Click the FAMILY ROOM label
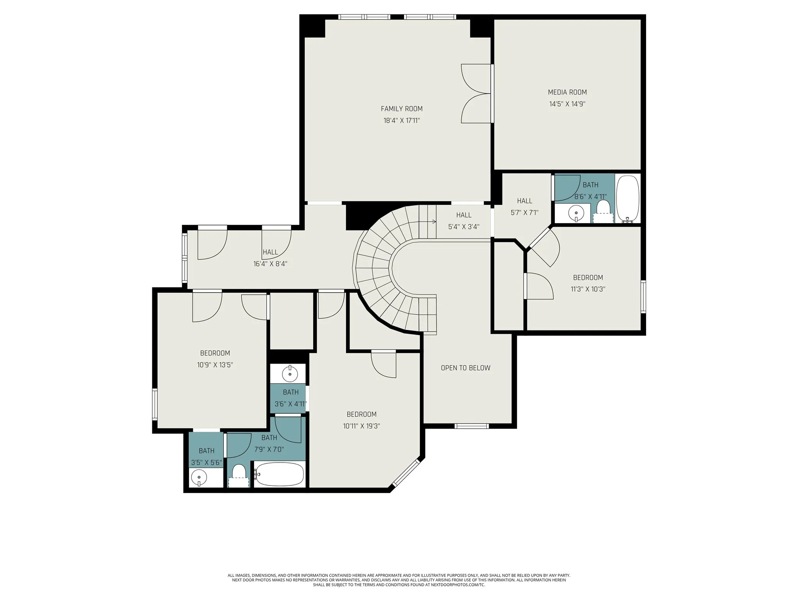click(401, 109)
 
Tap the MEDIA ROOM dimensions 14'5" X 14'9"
click(567, 104)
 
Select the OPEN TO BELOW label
click(465, 368)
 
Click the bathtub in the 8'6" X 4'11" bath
click(627, 199)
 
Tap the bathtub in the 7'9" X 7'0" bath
click(279, 474)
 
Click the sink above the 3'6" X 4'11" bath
click(290, 373)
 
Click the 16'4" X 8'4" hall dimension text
click(270, 264)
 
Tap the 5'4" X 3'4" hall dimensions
click(464, 227)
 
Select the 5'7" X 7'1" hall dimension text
click(524, 213)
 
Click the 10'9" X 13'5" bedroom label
click(215, 353)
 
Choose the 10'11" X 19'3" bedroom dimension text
click(361, 426)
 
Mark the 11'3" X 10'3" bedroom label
click(588, 278)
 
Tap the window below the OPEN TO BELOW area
click(471, 426)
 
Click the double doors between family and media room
click(476, 93)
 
